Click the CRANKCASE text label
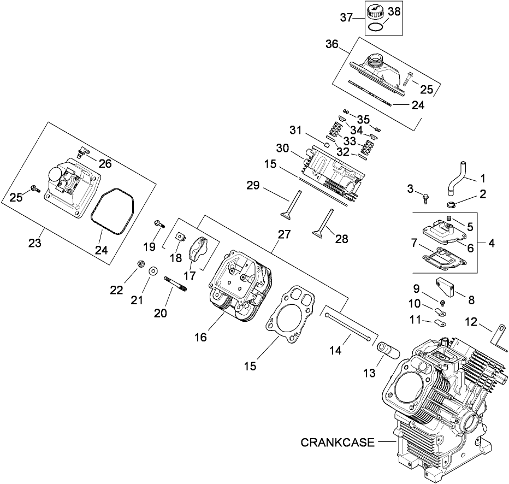[338, 442]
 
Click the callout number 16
[200, 338]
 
